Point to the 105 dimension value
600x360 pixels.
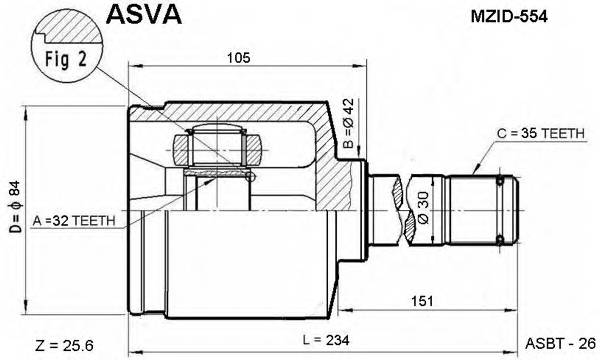click(x=238, y=57)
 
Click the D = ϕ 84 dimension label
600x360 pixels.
click(x=12, y=206)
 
